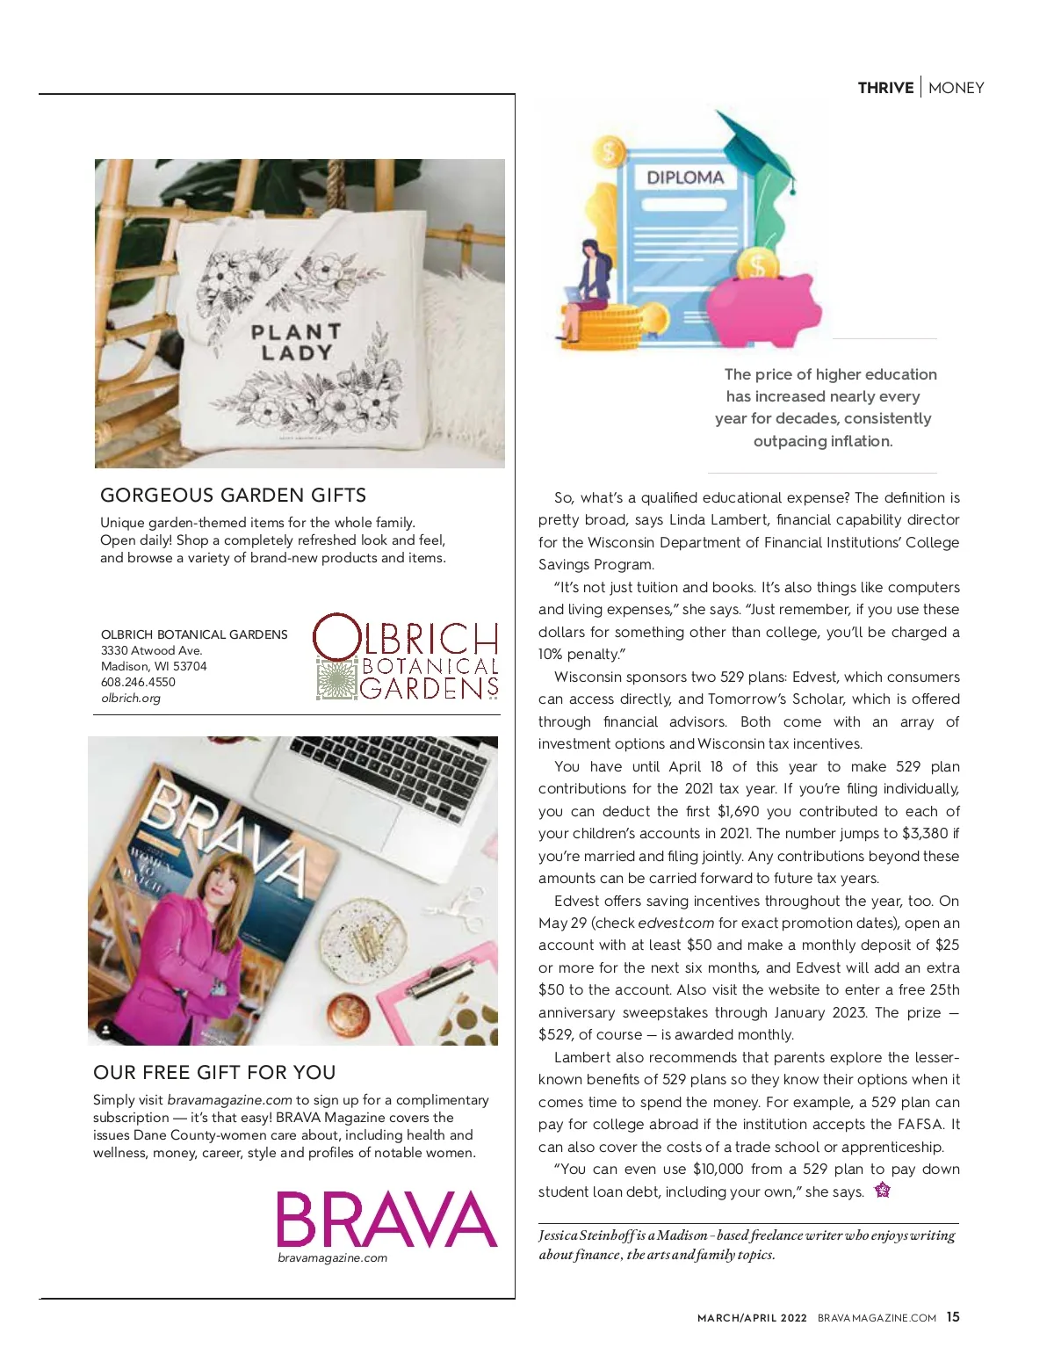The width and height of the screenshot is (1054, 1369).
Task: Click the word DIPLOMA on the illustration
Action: click(x=685, y=177)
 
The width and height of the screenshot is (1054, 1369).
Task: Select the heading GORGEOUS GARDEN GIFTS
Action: click(x=234, y=496)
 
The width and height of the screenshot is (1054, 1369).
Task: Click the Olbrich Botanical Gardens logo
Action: click(x=406, y=657)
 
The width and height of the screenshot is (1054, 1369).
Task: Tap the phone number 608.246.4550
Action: click(x=138, y=682)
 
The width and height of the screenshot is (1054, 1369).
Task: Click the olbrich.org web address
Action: click(x=131, y=699)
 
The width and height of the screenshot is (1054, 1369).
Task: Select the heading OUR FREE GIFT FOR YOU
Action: click(x=214, y=1073)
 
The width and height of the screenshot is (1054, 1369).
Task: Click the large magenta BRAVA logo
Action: click(x=386, y=1219)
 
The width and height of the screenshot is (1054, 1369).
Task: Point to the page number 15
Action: click(x=953, y=1317)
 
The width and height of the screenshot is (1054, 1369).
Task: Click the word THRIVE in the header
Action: click(x=885, y=88)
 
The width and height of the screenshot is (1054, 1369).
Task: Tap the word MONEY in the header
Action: click(x=957, y=88)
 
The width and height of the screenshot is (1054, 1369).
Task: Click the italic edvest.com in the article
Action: click(x=675, y=923)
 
